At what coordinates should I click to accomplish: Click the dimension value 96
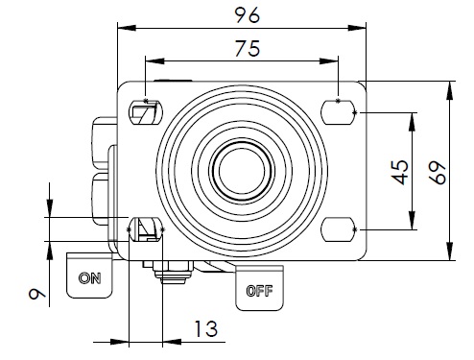click(248, 15)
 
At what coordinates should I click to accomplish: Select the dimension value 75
click(248, 48)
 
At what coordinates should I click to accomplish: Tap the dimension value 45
click(400, 172)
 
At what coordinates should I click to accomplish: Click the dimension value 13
click(206, 328)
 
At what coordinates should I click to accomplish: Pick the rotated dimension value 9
click(37, 294)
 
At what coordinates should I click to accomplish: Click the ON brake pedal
click(89, 276)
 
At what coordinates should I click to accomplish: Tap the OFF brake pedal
click(259, 288)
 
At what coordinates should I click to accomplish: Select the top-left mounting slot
click(146, 112)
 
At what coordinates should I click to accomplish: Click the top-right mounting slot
click(339, 112)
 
